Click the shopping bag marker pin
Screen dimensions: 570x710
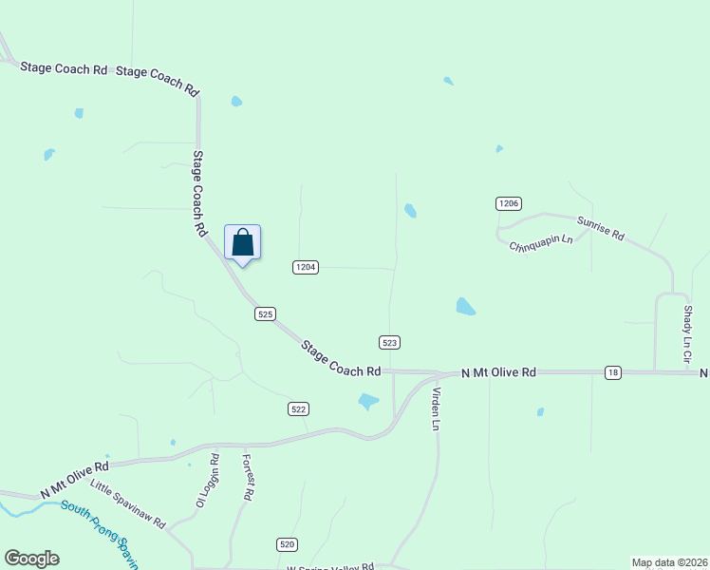(242, 243)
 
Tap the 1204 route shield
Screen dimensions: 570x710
(305, 268)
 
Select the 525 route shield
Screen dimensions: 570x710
(266, 313)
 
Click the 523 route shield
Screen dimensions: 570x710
(389, 342)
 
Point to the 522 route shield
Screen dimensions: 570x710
(298, 408)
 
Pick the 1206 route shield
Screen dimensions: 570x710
(509, 203)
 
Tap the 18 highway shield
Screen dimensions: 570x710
(613, 373)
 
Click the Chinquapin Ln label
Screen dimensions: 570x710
(541, 242)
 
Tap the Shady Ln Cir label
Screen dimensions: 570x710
(686, 332)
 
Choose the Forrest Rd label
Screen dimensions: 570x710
(248, 476)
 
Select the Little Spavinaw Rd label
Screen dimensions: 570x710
(128, 504)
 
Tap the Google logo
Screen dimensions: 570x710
(31, 559)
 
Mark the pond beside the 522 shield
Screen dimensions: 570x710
(368, 402)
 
